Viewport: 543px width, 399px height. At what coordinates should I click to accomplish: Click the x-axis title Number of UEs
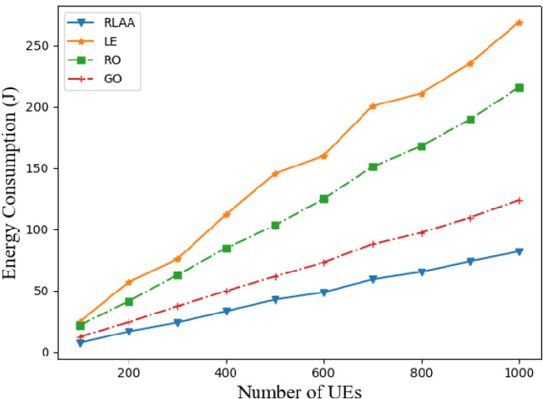299,391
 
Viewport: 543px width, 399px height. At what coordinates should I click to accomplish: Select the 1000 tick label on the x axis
518,372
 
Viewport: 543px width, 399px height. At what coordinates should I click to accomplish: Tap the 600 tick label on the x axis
324,372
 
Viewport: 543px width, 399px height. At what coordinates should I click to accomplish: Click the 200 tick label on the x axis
129,372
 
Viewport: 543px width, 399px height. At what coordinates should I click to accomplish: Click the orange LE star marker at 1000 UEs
519,23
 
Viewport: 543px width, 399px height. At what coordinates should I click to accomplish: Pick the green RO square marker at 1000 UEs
519,87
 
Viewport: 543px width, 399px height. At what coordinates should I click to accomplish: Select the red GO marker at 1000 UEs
519,200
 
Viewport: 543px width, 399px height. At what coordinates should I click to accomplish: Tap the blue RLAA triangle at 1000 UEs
519,251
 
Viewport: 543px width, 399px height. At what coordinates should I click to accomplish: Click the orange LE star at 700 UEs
372,106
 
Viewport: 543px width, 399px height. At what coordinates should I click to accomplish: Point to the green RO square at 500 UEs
275,225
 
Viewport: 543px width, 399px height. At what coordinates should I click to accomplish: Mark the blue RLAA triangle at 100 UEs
80,342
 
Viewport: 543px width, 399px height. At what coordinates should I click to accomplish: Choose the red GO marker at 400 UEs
227,291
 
